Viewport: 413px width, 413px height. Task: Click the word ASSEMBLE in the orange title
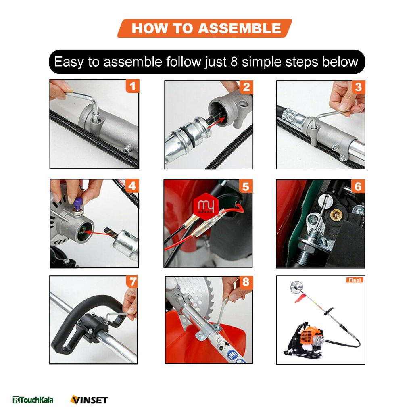tap(240, 28)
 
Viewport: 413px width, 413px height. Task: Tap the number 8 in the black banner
tap(234, 62)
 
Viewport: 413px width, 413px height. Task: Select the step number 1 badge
tap(132, 86)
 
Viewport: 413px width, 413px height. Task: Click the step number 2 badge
tap(246, 87)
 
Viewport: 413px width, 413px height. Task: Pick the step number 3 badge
tap(358, 87)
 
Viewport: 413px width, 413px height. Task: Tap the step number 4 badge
tap(132, 186)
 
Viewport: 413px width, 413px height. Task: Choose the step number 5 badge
tap(246, 186)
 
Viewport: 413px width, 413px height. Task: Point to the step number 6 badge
tap(358, 186)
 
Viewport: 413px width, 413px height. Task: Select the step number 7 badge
tap(132, 282)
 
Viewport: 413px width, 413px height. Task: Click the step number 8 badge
tap(246, 282)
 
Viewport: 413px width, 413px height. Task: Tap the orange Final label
tap(355, 280)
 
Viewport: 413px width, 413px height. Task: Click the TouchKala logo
tap(33, 400)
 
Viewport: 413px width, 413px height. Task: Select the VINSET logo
tap(89, 400)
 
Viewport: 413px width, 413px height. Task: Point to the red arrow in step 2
tap(217, 123)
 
